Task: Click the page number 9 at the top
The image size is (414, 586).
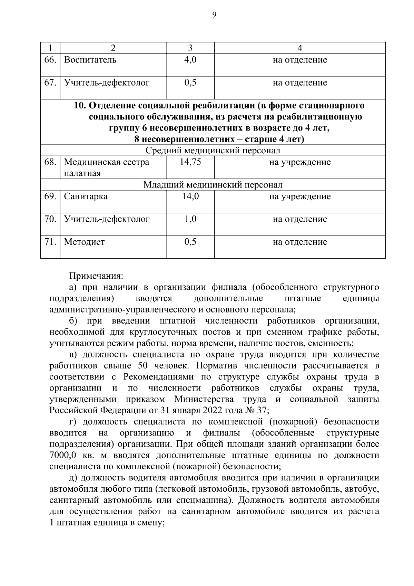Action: (214, 15)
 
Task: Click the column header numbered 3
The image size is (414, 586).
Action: (190, 48)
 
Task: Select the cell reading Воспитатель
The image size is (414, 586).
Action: (90, 60)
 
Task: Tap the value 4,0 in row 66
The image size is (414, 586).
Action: (190, 60)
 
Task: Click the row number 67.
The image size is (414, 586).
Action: (50, 83)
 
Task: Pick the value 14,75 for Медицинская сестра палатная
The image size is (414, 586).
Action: (190, 162)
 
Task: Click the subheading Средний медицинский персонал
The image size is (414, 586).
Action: (213, 151)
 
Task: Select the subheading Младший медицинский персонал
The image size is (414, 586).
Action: (213, 185)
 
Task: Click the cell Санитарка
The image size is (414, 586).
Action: (86, 196)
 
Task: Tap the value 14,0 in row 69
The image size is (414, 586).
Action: (190, 196)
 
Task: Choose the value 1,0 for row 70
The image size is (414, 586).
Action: (190, 219)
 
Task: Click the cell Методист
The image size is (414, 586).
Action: (84, 242)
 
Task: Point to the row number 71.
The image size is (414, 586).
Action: (50, 242)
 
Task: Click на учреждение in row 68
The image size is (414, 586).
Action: (299, 162)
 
